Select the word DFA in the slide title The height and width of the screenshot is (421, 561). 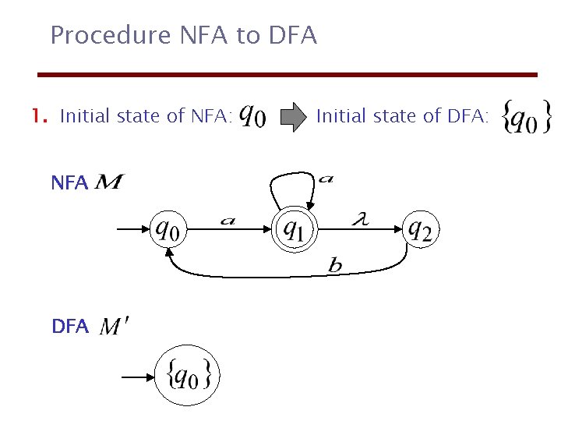pyautogui.click(x=293, y=35)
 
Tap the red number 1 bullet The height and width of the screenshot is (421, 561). pyautogui.click(x=37, y=117)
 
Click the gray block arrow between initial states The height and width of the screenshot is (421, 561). pyautogui.click(x=294, y=118)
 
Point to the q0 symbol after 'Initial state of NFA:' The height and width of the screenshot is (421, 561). pyautogui.click(x=252, y=116)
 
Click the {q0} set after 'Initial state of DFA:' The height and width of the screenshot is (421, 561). pyautogui.click(x=527, y=118)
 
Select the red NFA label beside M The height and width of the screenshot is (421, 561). pyautogui.click(x=69, y=184)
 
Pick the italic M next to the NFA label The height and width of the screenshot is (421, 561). pyautogui.click(x=108, y=184)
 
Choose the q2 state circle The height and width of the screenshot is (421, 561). pyautogui.click(x=422, y=229)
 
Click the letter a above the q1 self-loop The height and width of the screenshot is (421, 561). pyautogui.click(x=326, y=180)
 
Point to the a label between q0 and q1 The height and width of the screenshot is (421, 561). pyautogui.click(x=227, y=221)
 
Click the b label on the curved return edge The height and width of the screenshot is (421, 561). pyautogui.click(x=335, y=267)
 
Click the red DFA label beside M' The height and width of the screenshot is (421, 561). pyautogui.click(x=70, y=327)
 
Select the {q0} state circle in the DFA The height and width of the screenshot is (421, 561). pyautogui.click(x=187, y=377)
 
